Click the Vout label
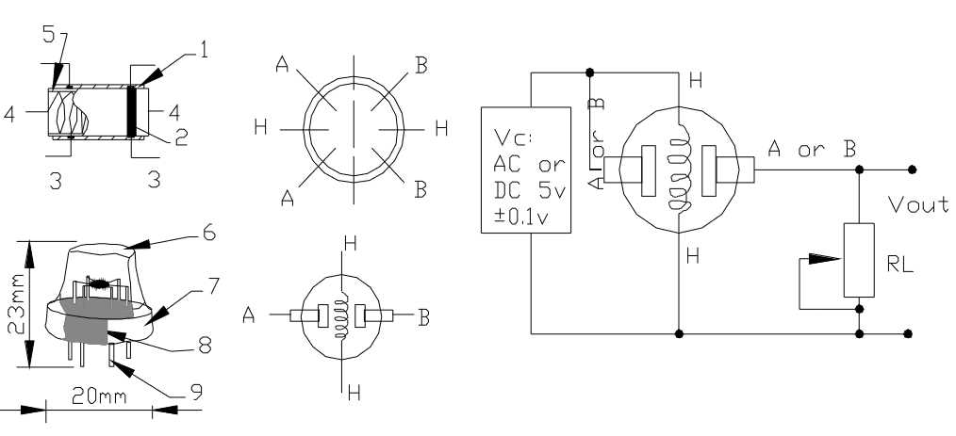tap(918, 204)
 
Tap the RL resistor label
tap(899, 266)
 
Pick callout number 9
tap(196, 390)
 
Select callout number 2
tap(182, 138)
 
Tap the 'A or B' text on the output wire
tap(812, 149)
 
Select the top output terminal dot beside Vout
tap(911, 170)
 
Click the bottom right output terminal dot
tap(911, 333)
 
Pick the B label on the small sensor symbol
tap(424, 317)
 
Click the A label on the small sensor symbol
tap(249, 317)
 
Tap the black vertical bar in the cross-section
tap(132, 111)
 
